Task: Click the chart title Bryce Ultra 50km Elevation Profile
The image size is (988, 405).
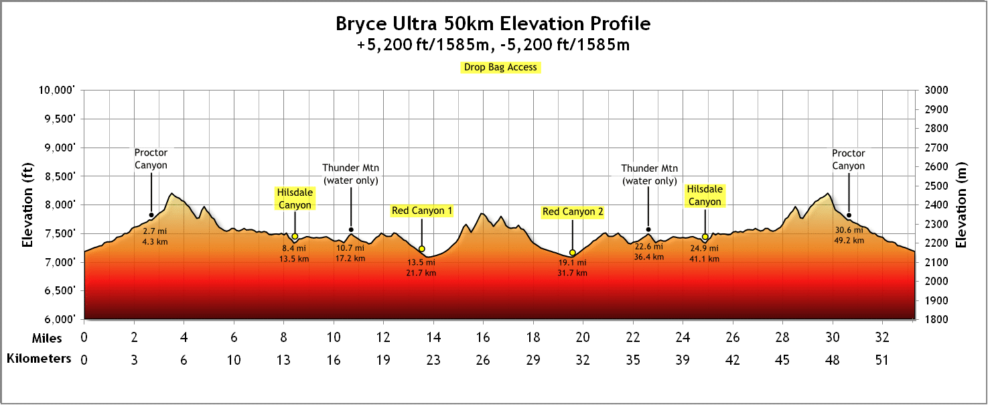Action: (492, 24)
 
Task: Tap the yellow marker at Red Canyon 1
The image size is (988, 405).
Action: (421, 249)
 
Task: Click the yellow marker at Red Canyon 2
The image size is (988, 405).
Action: (572, 253)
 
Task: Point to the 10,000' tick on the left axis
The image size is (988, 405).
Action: (59, 91)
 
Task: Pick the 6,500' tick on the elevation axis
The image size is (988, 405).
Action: (60, 290)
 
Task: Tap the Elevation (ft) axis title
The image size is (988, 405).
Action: (28, 205)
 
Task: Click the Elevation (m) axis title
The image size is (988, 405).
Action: (962, 205)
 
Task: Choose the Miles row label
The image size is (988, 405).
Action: (47, 337)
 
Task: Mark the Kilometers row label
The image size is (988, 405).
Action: (38, 359)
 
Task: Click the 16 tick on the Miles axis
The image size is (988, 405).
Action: (483, 337)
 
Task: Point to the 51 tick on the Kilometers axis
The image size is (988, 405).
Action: (881, 360)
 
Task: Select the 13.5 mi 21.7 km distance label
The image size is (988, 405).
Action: (421, 268)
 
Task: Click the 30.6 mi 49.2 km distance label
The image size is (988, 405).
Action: (848, 235)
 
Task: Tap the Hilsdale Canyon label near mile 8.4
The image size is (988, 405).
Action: (295, 198)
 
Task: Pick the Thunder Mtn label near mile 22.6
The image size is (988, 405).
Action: (649, 174)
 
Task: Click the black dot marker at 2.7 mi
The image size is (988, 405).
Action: (151, 215)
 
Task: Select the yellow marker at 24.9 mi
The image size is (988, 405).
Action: (705, 237)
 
